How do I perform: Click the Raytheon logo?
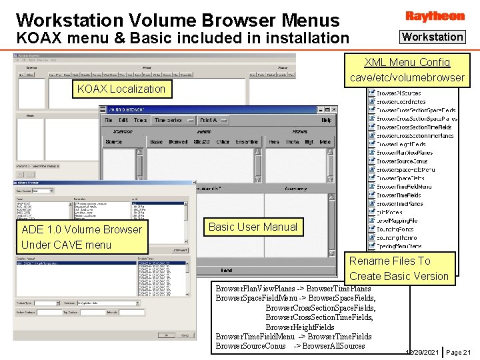tap(435, 15)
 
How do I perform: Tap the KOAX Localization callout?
tap(121, 89)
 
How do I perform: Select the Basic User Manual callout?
tap(253, 227)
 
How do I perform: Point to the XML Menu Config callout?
tap(407, 70)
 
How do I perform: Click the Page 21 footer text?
tap(458, 351)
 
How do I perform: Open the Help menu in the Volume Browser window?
tap(326, 121)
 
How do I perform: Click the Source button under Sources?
tap(114, 142)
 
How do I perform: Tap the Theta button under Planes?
tap(292, 142)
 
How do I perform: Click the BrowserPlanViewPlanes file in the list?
tap(404, 153)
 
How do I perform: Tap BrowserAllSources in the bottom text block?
tap(335, 345)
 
